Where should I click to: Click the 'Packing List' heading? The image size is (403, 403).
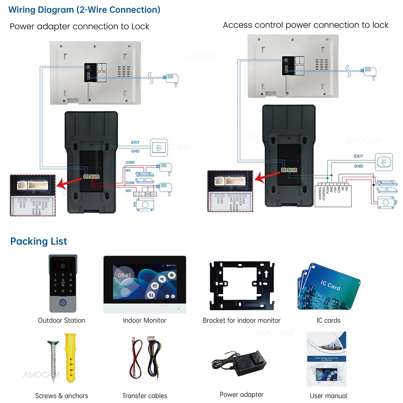(x=38, y=241)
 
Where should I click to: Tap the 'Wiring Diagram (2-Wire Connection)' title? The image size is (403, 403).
(x=84, y=10)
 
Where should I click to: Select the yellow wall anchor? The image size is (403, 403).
(x=70, y=358)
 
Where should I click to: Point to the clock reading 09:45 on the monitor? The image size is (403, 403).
(x=124, y=275)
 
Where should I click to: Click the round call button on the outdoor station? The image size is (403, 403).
(x=63, y=303)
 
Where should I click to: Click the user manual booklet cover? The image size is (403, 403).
(x=326, y=359)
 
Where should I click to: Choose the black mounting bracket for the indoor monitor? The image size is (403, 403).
(x=242, y=286)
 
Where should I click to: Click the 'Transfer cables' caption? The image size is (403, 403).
(x=144, y=396)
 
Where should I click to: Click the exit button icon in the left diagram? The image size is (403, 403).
(x=159, y=148)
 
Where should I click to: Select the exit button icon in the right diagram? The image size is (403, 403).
(x=384, y=162)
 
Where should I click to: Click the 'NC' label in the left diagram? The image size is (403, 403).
(x=128, y=170)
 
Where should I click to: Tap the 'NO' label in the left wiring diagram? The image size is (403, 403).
(x=128, y=191)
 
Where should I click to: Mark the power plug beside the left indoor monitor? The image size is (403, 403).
(x=172, y=79)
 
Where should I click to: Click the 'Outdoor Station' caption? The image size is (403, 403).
(x=61, y=320)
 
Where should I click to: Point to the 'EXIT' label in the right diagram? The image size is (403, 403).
(x=358, y=156)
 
